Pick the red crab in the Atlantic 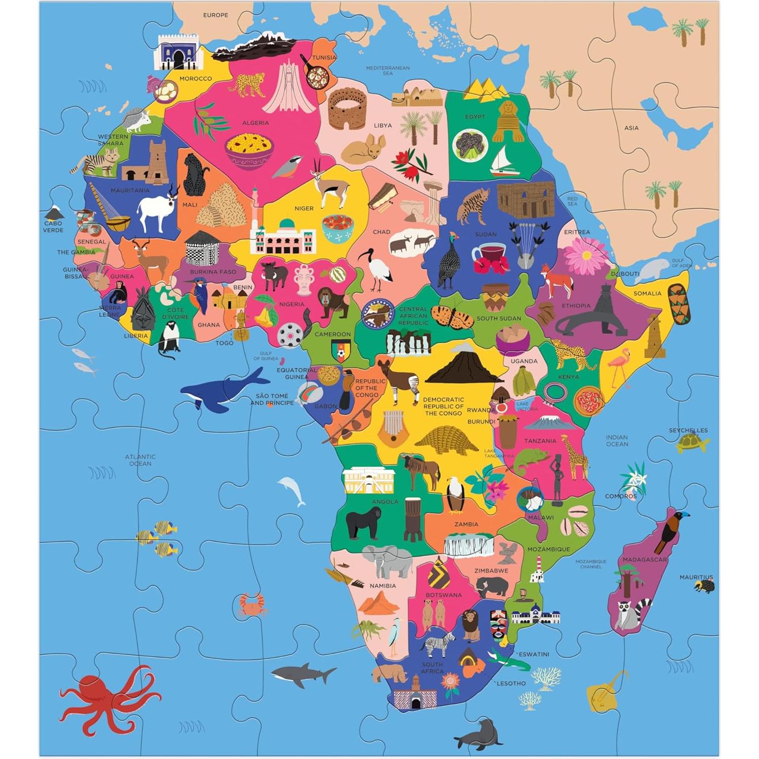[x=252, y=605]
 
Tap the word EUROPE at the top [x=215, y=15]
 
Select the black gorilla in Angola [x=364, y=523]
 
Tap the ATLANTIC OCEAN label [x=140, y=460]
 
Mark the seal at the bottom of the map [x=478, y=734]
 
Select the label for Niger [x=304, y=208]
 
